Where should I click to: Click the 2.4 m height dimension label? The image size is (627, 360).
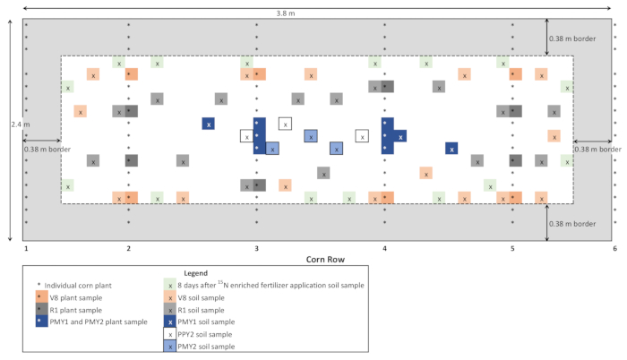point(10,124)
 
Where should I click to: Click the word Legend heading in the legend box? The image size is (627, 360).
point(193,272)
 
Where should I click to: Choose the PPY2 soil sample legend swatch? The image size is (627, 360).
point(170,333)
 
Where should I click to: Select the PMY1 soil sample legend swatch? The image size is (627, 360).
point(170,321)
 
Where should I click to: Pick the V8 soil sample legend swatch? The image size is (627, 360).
point(170,296)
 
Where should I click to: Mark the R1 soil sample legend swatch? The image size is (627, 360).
point(170,308)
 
